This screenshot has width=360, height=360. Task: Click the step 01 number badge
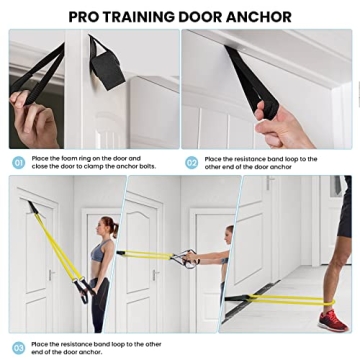pos(18,162)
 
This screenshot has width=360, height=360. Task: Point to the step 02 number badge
pos(191,162)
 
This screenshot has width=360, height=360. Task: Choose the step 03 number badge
pos(18,348)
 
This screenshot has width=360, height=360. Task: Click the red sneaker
pos(333,320)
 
